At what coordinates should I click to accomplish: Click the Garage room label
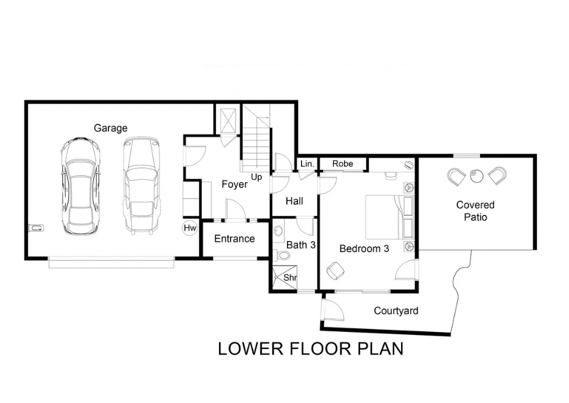coord(111,128)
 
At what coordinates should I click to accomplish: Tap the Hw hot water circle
coord(190,228)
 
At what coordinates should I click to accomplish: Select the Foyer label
coord(234,185)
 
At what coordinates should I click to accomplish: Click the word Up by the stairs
coord(256,177)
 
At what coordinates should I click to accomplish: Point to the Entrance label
coord(234,239)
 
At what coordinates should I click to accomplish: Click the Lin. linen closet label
coord(307,164)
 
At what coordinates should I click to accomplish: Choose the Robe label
coord(343,164)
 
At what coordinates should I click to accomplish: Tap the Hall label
coord(294,201)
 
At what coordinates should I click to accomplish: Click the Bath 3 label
coord(301,245)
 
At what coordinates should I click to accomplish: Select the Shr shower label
coord(290,278)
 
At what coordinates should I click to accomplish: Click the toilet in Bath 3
coord(281,255)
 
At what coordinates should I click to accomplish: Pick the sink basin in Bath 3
coord(279,231)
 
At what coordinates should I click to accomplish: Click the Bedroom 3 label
coord(364,248)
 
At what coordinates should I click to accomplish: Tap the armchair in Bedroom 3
coord(335,271)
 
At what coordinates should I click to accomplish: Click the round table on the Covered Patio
coord(476,177)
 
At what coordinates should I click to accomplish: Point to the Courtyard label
coord(396,311)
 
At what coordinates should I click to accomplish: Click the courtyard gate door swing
coord(334,308)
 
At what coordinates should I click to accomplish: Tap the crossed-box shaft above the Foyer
coord(229,121)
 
